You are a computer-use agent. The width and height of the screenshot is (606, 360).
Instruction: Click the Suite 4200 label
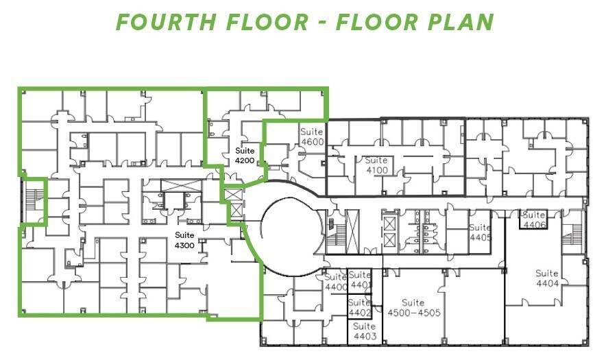pos(245,154)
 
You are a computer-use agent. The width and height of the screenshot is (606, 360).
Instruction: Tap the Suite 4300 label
pos(184,240)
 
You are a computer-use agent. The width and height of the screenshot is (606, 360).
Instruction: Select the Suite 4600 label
pos(311,136)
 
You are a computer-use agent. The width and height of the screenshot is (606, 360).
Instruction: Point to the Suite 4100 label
pos(377,165)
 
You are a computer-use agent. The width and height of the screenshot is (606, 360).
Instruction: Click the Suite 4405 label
pos(481,232)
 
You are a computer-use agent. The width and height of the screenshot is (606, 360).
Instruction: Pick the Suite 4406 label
pos(534,219)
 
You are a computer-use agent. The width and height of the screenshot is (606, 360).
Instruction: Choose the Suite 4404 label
pos(547,278)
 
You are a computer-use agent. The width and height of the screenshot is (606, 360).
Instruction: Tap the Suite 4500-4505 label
pos(413,308)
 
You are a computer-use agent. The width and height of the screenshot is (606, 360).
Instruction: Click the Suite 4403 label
pos(365,331)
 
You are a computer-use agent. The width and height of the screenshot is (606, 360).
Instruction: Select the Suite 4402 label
pos(359,308)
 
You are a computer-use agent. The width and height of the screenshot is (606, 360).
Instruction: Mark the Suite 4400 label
pos(336,282)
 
